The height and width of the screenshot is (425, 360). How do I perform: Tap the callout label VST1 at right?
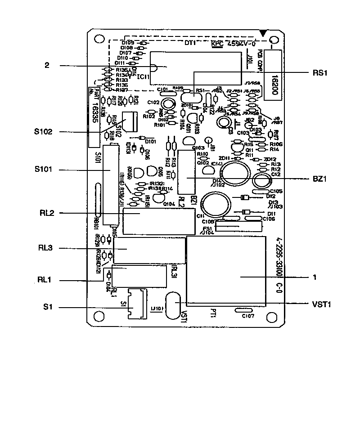pos(322,304)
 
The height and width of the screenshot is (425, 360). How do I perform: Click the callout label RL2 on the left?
pos(47,213)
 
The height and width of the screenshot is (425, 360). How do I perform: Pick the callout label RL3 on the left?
pos(47,247)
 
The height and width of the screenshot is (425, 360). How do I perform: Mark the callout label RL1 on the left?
pos(45,280)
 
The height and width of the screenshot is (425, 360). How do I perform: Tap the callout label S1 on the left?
pos(47,308)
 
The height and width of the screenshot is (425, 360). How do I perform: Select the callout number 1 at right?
pos(315,277)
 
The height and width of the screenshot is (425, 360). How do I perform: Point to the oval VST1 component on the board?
pos(171,306)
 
